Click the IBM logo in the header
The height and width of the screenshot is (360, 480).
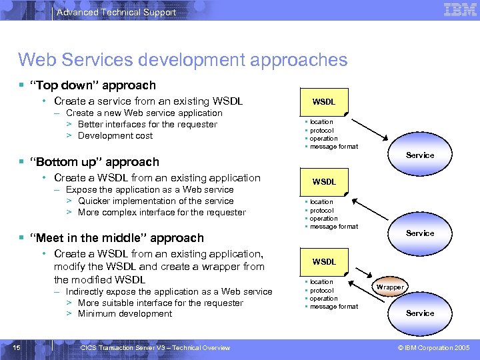460,10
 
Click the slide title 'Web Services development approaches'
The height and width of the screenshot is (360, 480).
183,60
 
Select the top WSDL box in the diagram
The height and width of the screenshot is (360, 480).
324,102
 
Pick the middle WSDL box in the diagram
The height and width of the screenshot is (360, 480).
324,181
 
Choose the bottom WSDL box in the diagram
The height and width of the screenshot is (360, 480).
324,261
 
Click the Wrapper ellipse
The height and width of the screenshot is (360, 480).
390,287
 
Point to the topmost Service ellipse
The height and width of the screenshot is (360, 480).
420,155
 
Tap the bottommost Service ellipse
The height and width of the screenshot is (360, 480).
420,313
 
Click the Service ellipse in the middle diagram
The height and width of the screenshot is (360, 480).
420,233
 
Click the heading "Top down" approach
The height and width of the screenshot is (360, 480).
97,85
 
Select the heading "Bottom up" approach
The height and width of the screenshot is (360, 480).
98,162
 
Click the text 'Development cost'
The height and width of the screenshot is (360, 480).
115,136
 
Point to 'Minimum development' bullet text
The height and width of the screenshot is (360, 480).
125,314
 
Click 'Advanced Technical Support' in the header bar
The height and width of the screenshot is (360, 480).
117,12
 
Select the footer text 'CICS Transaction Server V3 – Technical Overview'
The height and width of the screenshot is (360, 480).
155,347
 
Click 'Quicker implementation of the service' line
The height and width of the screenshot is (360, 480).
155,201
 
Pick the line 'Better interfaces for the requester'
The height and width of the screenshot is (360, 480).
147,125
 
